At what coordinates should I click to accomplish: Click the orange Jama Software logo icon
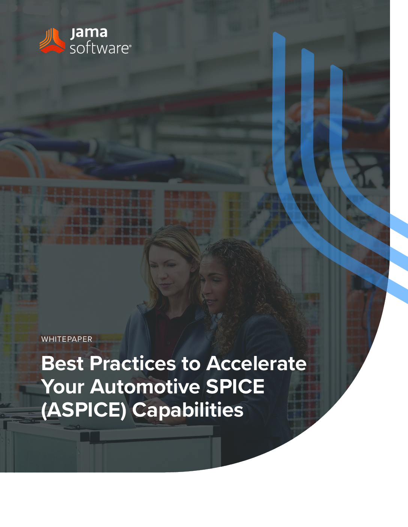tap(52, 41)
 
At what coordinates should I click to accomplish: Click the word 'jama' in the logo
tap(89, 33)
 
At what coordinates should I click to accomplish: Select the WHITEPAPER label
tap(67, 339)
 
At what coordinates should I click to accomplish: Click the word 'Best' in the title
tap(63, 363)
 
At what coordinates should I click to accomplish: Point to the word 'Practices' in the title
tap(133, 363)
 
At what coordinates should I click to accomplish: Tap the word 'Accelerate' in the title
tap(256, 363)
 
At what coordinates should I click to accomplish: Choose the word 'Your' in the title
tap(63, 386)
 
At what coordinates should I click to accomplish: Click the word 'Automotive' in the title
tap(145, 386)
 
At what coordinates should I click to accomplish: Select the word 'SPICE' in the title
tap(235, 386)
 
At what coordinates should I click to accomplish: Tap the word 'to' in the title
tap(191, 364)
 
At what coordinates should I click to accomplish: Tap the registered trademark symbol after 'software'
tap(130, 45)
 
